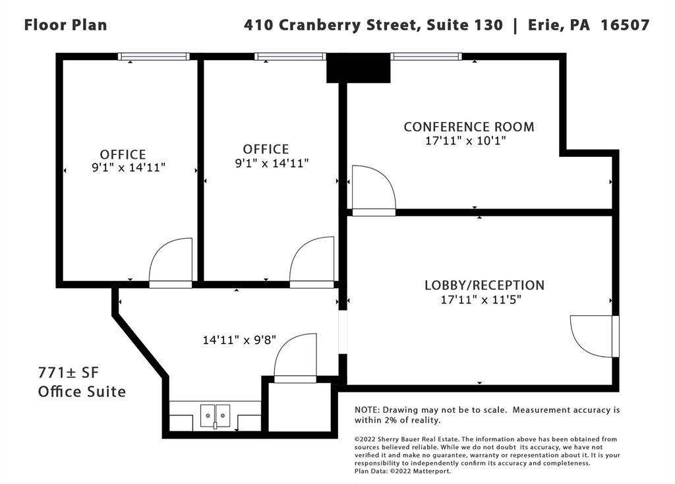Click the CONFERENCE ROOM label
point(469,127)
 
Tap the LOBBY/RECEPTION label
point(484,285)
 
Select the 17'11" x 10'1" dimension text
point(465,140)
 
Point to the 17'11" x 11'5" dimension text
point(481,299)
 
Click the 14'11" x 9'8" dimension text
point(239,340)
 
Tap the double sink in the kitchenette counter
point(215,417)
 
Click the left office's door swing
point(171,262)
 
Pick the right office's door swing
point(312,262)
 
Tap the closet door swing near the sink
point(295,358)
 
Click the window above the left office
point(154,57)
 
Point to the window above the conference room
point(426,57)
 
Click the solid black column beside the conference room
point(358,69)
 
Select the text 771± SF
point(69,372)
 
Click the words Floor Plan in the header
point(65,24)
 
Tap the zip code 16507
point(625,24)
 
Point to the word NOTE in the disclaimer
point(367,410)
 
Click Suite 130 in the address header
point(465,24)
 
